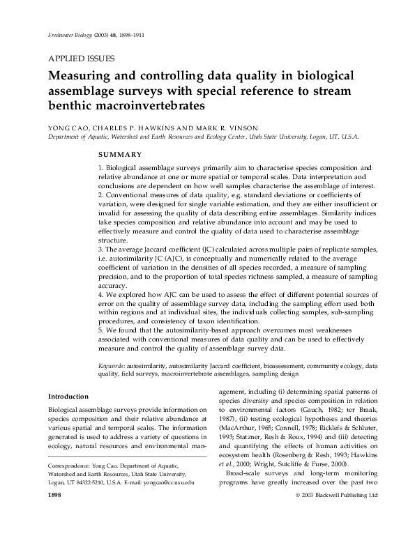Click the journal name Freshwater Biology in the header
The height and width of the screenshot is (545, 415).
click(65, 35)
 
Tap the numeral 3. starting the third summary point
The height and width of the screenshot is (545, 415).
click(100, 250)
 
